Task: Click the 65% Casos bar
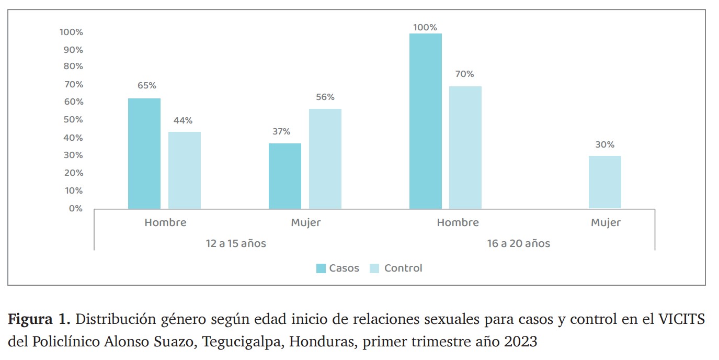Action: click(x=144, y=153)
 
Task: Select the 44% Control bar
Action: click(x=185, y=170)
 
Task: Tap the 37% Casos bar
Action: click(x=285, y=176)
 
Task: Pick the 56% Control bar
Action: click(x=325, y=159)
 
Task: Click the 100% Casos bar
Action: click(x=426, y=121)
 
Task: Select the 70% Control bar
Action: click(x=465, y=148)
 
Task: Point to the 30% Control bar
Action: click(x=605, y=182)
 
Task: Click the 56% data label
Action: click(x=325, y=97)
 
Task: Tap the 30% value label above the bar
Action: click(x=605, y=145)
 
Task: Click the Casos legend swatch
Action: click(x=321, y=268)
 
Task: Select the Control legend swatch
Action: click(x=374, y=268)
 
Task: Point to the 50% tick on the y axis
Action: click(x=73, y=119)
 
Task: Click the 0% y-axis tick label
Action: click(x=76, y=208)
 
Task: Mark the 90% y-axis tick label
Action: click(x=73, y=50)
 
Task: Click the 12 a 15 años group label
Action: click(x=236, y=244)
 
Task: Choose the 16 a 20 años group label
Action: click(x=519, y=244)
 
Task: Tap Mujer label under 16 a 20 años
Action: click(x=606, y=222)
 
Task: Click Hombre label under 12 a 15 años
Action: click(x=165, y=222)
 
